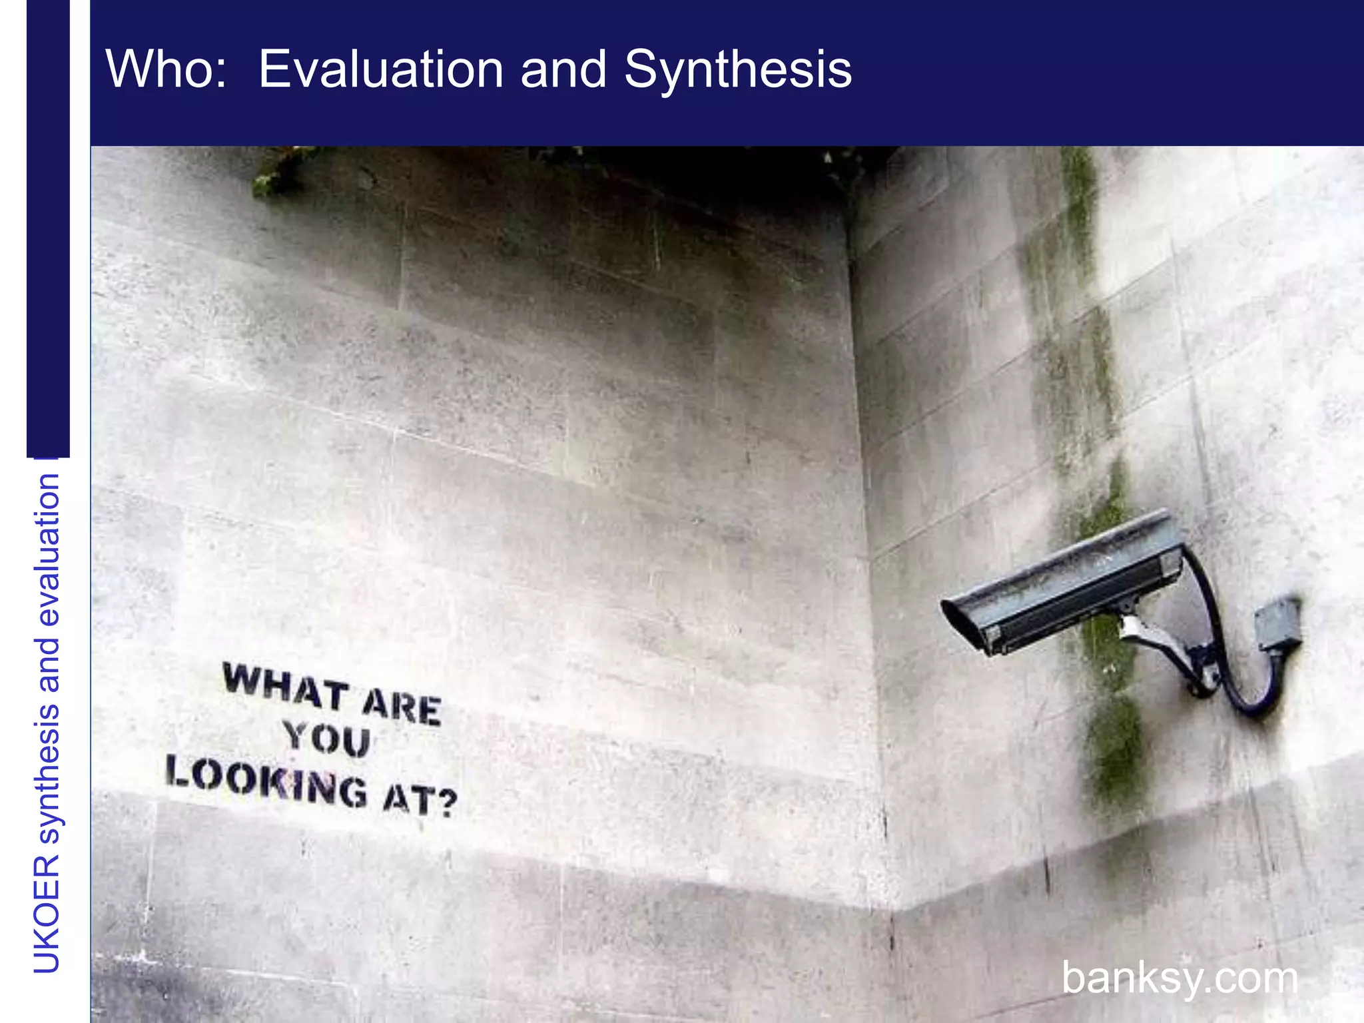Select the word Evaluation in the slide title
pos(380,69)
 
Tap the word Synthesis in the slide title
pos(737,69)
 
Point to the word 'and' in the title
pos(563,69)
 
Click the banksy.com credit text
pos(1180,978)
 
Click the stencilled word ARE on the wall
pos(402,707)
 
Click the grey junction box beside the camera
pos(1278,623)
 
